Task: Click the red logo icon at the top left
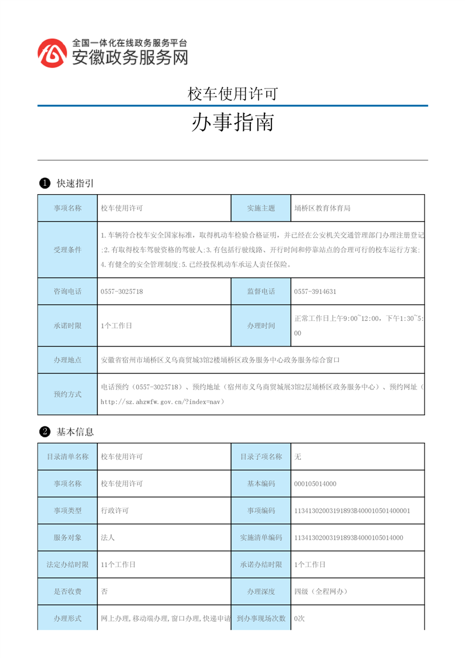52,53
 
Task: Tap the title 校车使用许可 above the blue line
232,93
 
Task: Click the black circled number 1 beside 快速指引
44,184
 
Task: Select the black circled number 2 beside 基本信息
44,432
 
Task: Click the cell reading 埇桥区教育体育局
322,208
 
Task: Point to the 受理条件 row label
67,250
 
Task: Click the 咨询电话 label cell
67,291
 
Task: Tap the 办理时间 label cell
261,325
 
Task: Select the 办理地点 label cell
67,359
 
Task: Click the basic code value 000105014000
315,484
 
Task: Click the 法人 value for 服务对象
107,537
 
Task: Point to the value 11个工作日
118,564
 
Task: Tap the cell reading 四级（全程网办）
321,591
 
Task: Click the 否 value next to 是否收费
104,591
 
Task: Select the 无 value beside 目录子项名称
298,457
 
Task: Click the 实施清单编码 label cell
261,537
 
